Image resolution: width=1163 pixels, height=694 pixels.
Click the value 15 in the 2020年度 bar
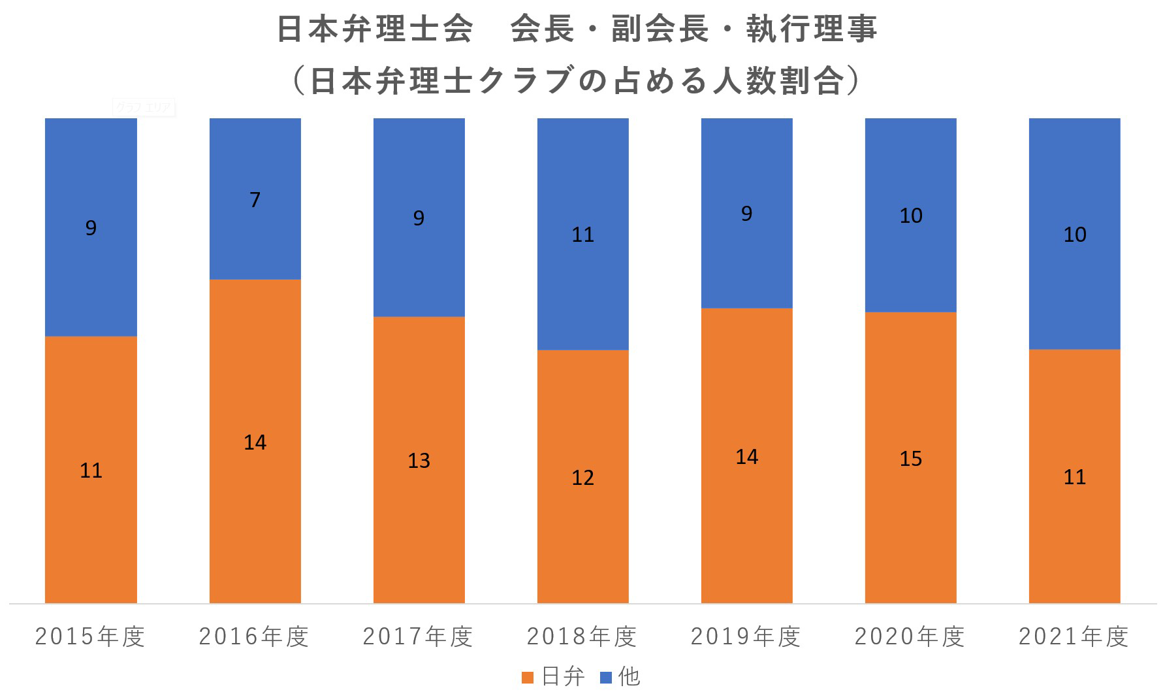pyautogui.click(x=910, y=459)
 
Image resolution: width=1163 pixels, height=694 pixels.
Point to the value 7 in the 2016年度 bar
pyautogui.click(x=255, y=199)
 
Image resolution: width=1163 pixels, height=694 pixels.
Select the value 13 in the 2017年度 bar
pyautogui.click(x=419, y=461)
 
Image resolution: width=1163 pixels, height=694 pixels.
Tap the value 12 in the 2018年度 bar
pyautogui.click(x=582, y=478)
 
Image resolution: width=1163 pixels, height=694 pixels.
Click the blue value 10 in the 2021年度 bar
pyautogui.click(x=1074, y=235)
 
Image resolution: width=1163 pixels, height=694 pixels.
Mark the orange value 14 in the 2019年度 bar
pyautogui.click(x=746, y=457)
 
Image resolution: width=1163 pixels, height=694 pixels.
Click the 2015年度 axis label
pyautogui.click(x=90, y=636)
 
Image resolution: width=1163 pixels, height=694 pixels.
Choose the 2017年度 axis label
pyautogui.click(x=418, y=636)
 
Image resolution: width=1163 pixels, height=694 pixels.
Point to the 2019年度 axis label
pyautogui.click(x=746, y=636)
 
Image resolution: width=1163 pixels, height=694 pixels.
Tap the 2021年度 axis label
pyautogui.click(x=1074, y=636)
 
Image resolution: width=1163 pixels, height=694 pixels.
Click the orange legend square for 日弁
pyautogui.click(x=528, y=678)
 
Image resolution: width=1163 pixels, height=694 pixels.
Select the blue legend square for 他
pyautogui.click(x=605, y=678)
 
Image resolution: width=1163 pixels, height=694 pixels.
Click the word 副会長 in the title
pyautogui.click(x=660, y=29)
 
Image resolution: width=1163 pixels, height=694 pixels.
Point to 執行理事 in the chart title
pyautogui.click(x=812, y=29)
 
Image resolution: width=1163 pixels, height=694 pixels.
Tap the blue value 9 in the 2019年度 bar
pyautogui.click(x=746, y=214)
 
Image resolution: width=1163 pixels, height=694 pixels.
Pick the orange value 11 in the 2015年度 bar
pyautogui.click(x=91, y=471)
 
